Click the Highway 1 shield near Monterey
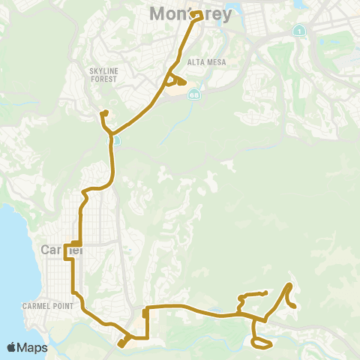(299, 31)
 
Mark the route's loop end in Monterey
(196, 14)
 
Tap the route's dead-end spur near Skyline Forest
(105, 113)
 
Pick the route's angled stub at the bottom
(121, 344)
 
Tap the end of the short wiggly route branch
(265, 292)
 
